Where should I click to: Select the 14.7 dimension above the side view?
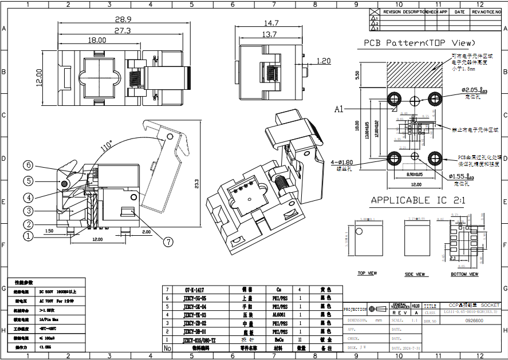pos(271,23)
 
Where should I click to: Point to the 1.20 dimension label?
pos(323,61)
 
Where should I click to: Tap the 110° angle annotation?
pos(106,147)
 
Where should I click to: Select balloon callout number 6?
pos(28,165)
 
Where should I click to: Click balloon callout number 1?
pos(28,235)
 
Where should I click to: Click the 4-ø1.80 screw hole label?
pos(342,163)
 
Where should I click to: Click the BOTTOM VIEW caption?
pos(464,274)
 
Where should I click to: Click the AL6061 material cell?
pos(279,315)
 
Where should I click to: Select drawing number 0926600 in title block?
pos(474,322)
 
